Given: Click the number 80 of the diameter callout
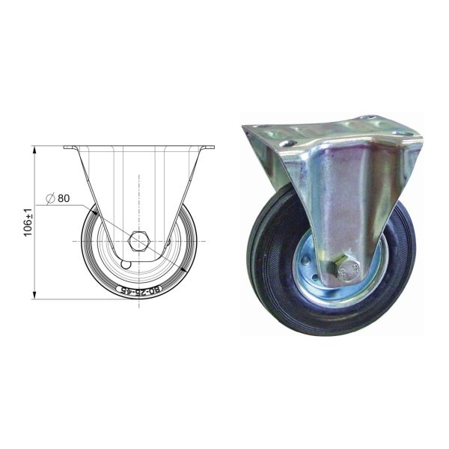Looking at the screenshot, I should point(63,198).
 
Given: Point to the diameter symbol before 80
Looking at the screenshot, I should point(49,198).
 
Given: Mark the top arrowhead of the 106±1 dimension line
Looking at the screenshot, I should point(35,149).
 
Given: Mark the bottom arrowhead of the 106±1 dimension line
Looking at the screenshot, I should point(35,296).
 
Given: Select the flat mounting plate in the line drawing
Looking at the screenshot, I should point(138,147).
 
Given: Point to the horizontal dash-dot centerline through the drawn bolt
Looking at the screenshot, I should point(90,242).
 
